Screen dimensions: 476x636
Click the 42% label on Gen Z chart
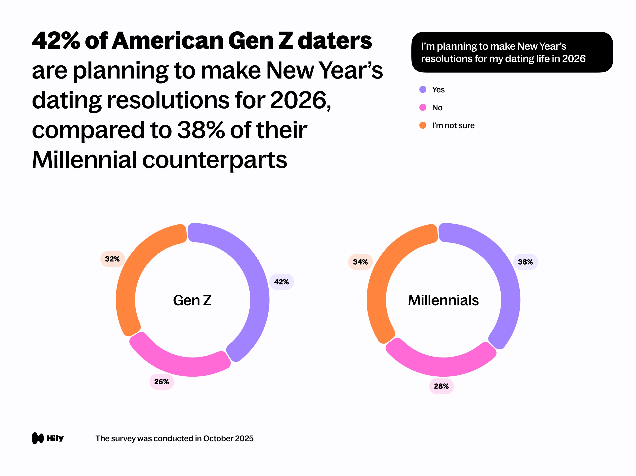[x=281, y=282]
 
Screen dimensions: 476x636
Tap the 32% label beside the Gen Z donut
[x=112, y=259]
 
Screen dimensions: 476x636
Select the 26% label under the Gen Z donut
[x=161, y=382]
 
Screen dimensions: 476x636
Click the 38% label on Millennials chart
[x=525, y=262]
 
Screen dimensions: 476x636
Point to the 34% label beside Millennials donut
[x=360, y=262]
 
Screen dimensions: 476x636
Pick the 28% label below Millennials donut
[x=441, y=386]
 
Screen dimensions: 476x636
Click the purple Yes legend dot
[x=423, y=89]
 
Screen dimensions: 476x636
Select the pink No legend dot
[x=423, y=107]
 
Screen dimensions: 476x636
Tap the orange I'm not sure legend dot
[x=423, y=125]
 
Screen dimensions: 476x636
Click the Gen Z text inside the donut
[x=192, y=300]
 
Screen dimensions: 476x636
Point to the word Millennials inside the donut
[x=443, y=300]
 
